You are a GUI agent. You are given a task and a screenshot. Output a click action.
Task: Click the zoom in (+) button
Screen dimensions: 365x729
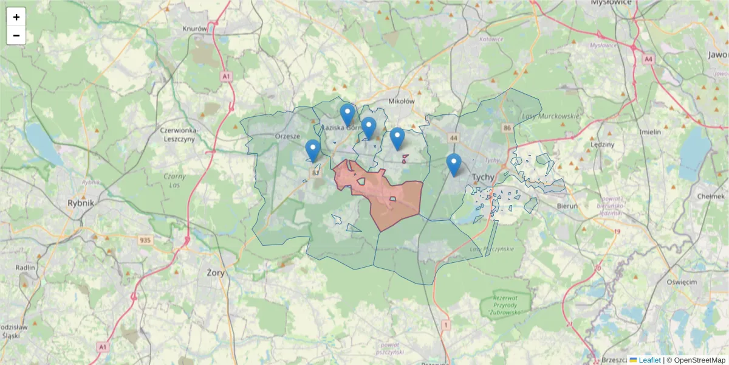tap(16, 17)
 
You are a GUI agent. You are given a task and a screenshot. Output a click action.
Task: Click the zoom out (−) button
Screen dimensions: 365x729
tap(16, 35)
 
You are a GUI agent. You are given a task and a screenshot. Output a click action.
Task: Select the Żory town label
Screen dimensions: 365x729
tap(216, 273)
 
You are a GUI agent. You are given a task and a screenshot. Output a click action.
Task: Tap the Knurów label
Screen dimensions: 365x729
tap(194, 28)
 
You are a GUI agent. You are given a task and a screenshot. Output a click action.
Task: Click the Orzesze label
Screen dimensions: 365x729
tap(287, 136)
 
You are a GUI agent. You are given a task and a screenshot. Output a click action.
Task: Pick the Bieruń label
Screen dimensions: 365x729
tap(569, 206)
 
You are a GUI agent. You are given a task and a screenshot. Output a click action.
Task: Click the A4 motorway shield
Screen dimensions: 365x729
tap(649, 59)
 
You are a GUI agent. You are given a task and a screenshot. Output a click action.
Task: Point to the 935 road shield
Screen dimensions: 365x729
tap(145, 240)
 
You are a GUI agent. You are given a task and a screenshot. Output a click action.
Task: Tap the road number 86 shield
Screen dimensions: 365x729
tap(507, 128)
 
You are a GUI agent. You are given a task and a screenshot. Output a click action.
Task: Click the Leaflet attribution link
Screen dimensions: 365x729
tap(649, 360)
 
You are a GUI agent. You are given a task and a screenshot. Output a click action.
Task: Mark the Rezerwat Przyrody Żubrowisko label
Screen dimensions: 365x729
tap(504, 305)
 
